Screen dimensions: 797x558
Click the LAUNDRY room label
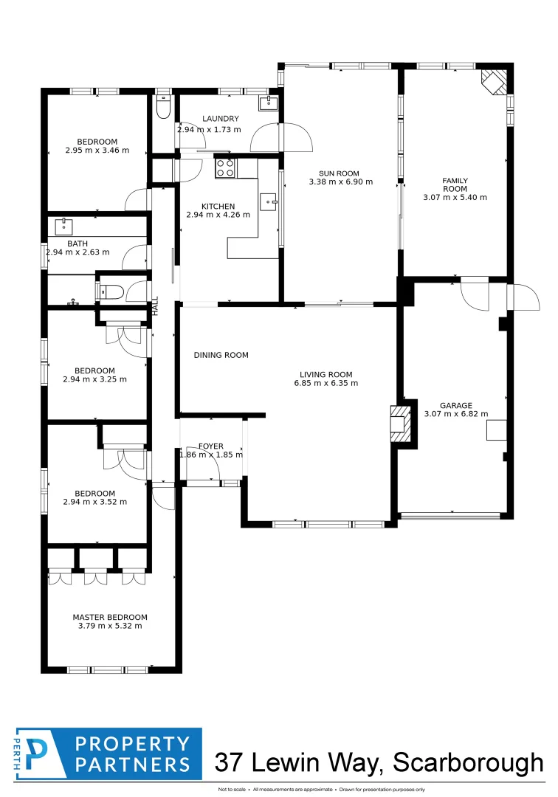(x=220, y=119)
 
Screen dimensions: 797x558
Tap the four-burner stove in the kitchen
(x=225, y=169)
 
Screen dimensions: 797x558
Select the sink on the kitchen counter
(x=269, y=199)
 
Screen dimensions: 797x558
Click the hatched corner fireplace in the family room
(x=495, y=81)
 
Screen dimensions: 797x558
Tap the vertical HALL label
(x=155, y=306)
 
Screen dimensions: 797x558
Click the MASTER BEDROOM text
(x=110, y=618)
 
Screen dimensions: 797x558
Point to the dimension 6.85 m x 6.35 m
(x=325, y=383)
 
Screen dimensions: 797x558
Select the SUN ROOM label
(x=340, y=173)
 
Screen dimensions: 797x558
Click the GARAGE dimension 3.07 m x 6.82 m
(x=456, y=414)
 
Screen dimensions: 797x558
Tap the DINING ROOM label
(x=221, y=355)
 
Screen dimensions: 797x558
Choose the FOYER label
(x=211, y=446)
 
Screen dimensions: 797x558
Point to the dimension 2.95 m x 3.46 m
(x=97, y=151)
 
